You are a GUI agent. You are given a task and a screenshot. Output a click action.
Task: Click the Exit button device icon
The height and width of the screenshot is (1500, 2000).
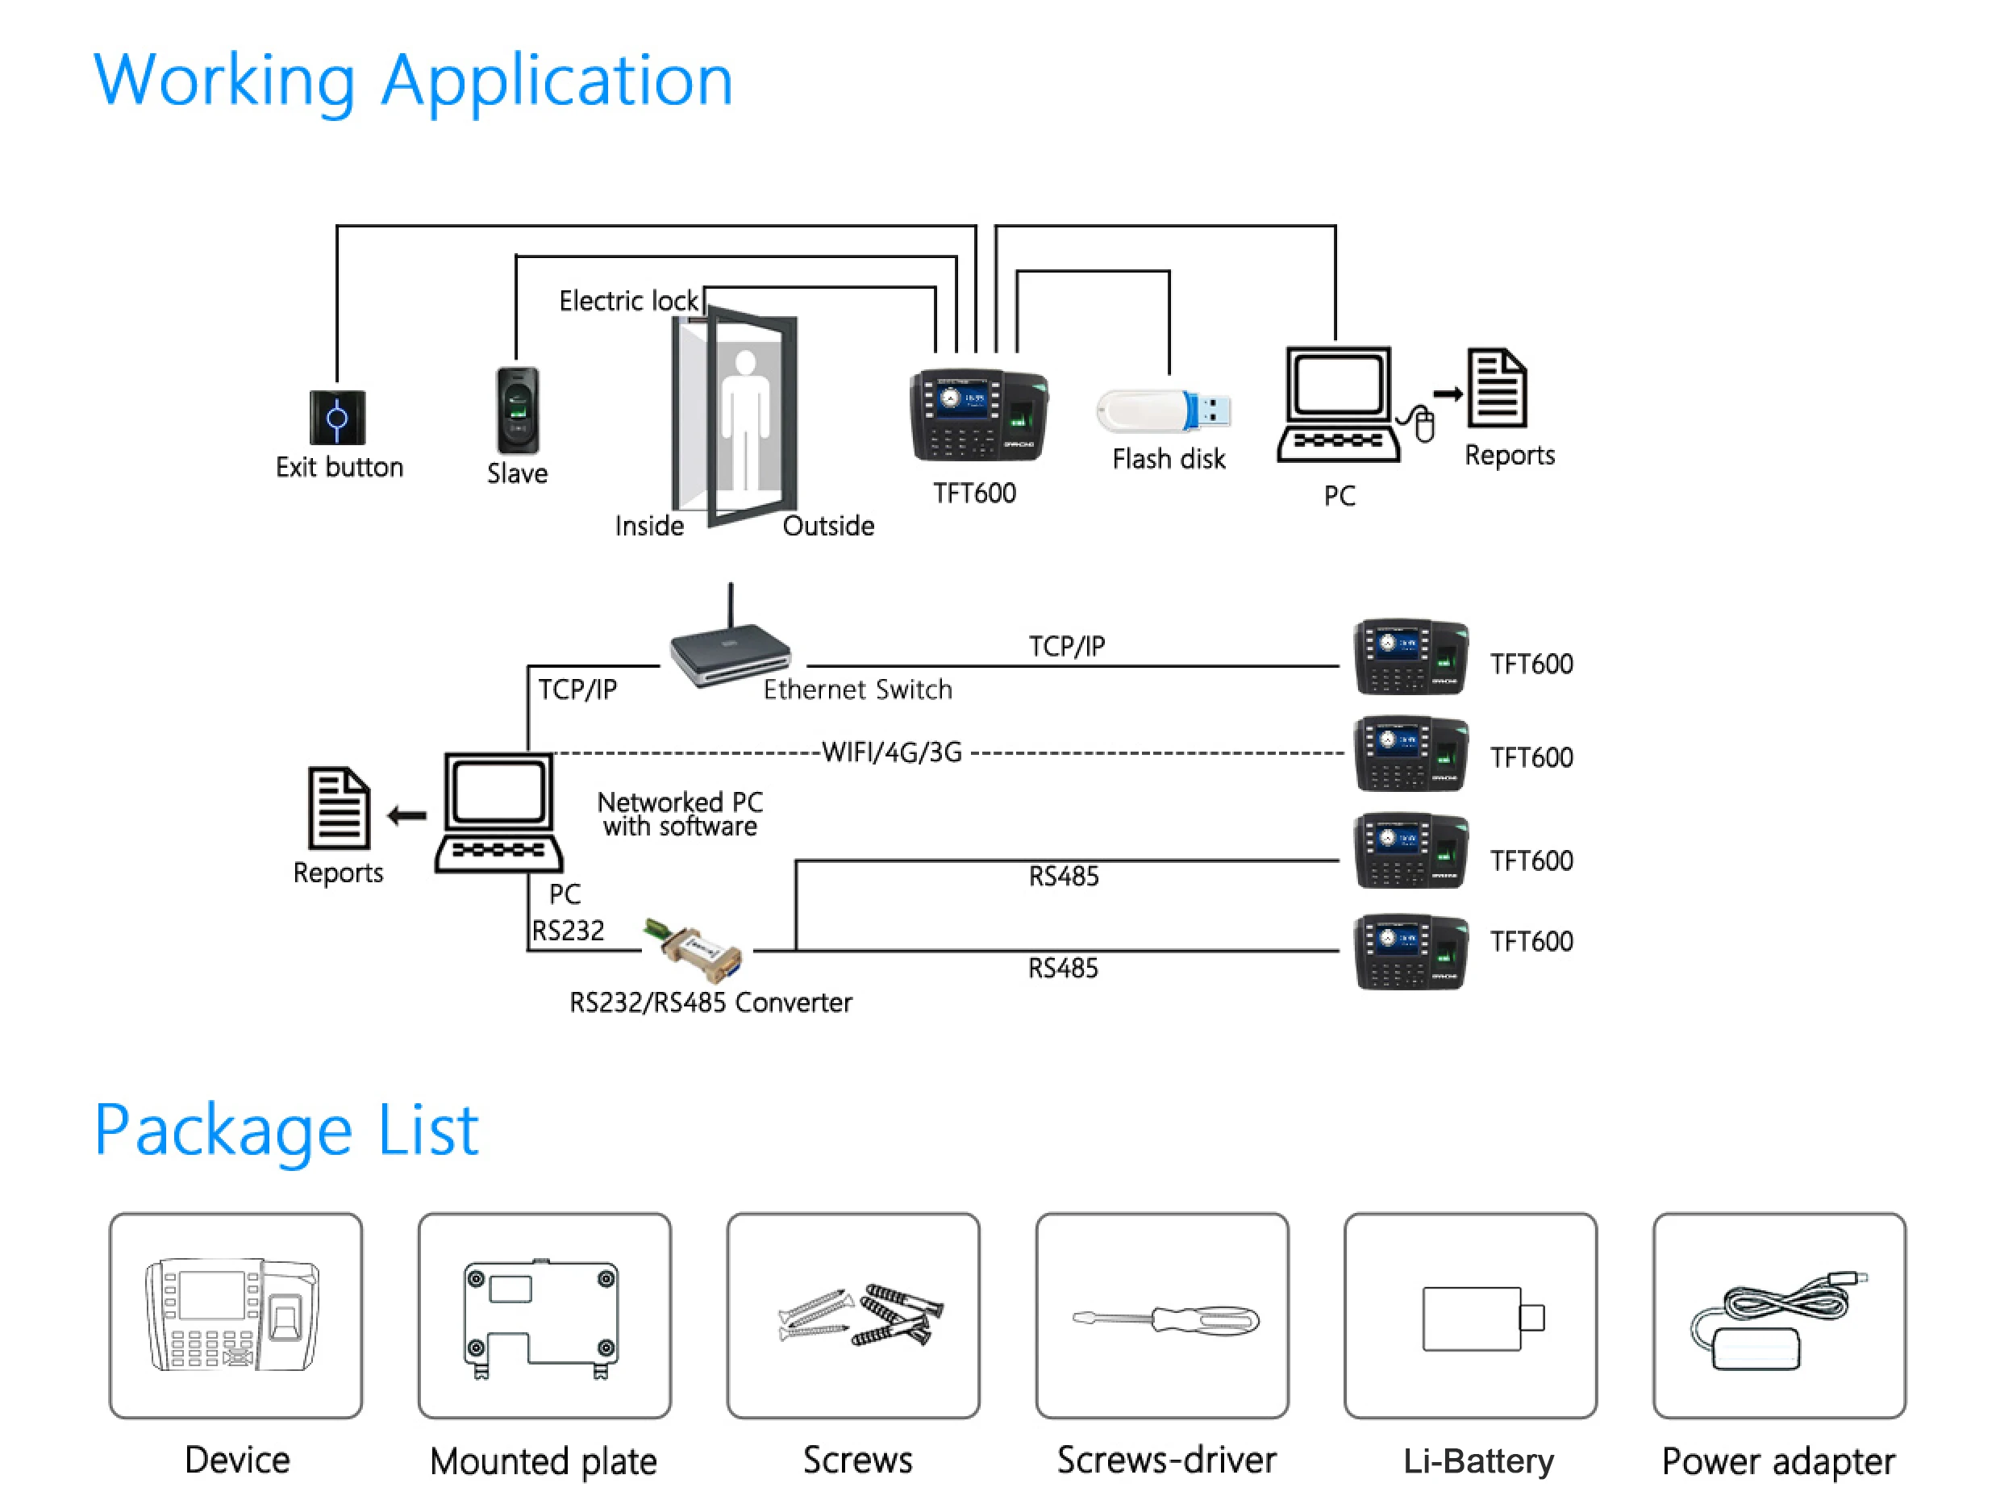tap(337, 418)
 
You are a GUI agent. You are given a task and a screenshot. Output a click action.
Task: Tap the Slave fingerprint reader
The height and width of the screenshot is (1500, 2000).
tap(517, 410)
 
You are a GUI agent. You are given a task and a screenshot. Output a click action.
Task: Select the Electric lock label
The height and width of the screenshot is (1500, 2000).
tap(628, 300)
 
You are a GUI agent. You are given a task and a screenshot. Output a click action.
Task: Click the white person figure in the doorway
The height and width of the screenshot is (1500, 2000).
tap(745, 416)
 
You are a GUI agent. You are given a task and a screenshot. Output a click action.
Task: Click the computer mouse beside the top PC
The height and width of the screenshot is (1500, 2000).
tap(1423, 424)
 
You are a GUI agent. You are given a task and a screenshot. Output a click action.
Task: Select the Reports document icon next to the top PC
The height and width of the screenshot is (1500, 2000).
tap(1498, 389)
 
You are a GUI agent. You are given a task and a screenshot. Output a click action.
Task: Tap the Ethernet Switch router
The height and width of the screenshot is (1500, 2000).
tap(731, 656)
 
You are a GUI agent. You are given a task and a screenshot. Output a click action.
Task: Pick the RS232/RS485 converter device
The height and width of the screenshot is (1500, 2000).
tap(695, 949)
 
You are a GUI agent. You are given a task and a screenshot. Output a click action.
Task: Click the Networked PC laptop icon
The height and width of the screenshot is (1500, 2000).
tap(499, 813)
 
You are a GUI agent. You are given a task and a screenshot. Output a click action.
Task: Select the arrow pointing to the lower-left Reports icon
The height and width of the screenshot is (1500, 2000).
tap(407, 816)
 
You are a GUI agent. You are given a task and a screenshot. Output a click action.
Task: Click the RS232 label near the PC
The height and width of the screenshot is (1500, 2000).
tap(568, 931)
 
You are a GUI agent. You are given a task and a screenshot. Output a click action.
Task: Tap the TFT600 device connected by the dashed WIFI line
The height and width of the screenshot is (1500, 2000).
tap(1410, 756)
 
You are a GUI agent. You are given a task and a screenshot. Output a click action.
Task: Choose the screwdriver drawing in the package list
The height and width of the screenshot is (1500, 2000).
tap(1165, 1320)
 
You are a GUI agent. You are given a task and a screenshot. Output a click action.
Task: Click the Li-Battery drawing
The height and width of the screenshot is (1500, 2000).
tap(1482, 1319)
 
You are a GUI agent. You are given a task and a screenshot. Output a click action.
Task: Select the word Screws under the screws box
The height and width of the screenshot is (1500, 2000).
tap(857, 1460)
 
